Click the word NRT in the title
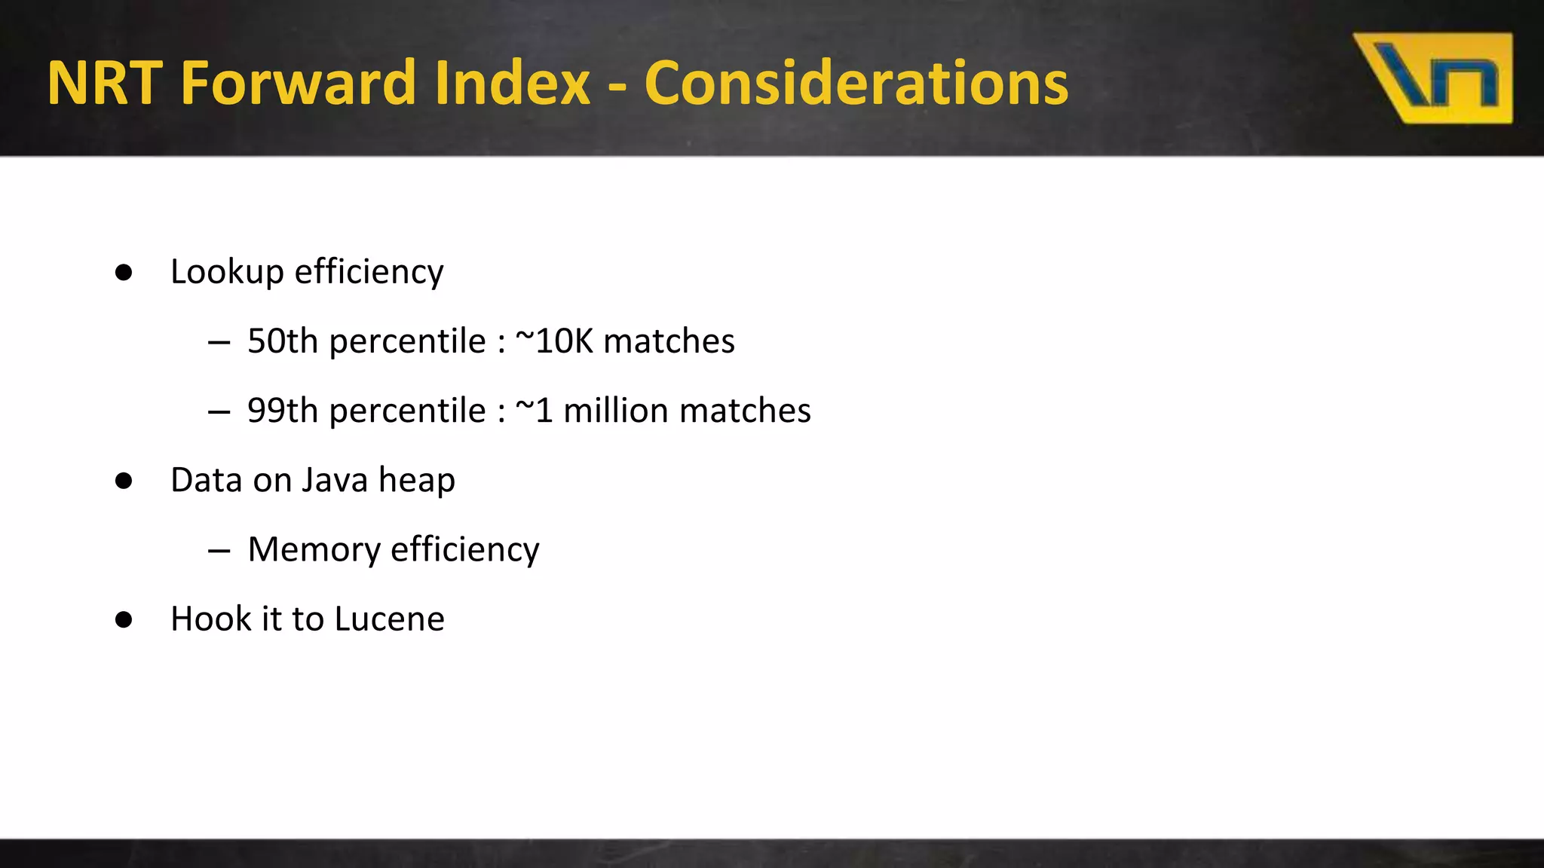tap(105, 83)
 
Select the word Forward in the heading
tap(297, 83)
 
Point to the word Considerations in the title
tap(856, 83)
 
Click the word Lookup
tap(227, 273)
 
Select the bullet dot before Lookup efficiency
tap(124, 273)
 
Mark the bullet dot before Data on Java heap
tap(124, 481)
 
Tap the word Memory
tap(314, 550)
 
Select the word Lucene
tap(389, 619)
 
